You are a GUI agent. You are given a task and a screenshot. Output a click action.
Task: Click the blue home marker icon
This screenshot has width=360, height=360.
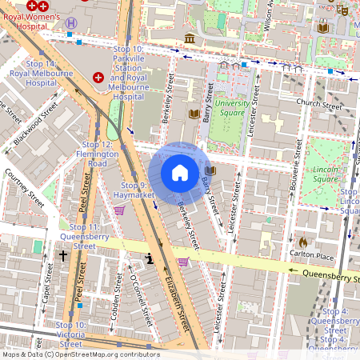coord(180,173)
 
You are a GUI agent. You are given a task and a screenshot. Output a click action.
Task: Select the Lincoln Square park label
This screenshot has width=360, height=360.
coord(325,174)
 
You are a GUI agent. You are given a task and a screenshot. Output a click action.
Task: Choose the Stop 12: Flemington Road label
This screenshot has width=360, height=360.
coord(92,153)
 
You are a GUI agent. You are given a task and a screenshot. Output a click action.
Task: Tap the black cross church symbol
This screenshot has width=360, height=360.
coord(63,256)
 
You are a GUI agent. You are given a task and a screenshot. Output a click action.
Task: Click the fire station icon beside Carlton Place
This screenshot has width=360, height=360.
coord(303,242)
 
